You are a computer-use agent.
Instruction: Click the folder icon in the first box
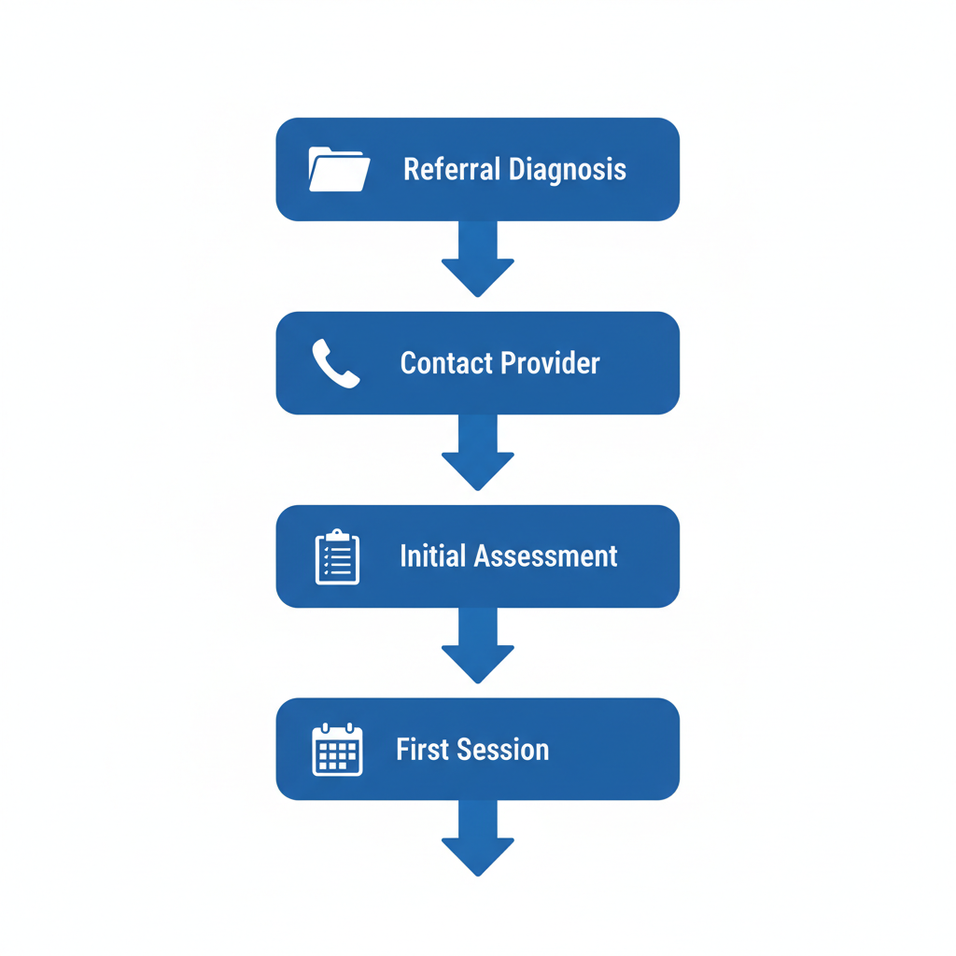[339, 170]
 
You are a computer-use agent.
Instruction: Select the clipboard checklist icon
[337, 557]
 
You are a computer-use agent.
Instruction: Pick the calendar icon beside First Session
[337, 750]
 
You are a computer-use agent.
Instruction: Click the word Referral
[451, 170]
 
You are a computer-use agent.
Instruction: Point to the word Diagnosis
[568, 170]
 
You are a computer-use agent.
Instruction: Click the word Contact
[447, 363]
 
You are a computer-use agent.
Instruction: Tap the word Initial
[433, 556]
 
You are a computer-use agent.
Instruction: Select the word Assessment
[546, 556]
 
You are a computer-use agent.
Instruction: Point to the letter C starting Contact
[408, 363]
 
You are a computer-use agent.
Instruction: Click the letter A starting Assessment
[482, 556]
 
